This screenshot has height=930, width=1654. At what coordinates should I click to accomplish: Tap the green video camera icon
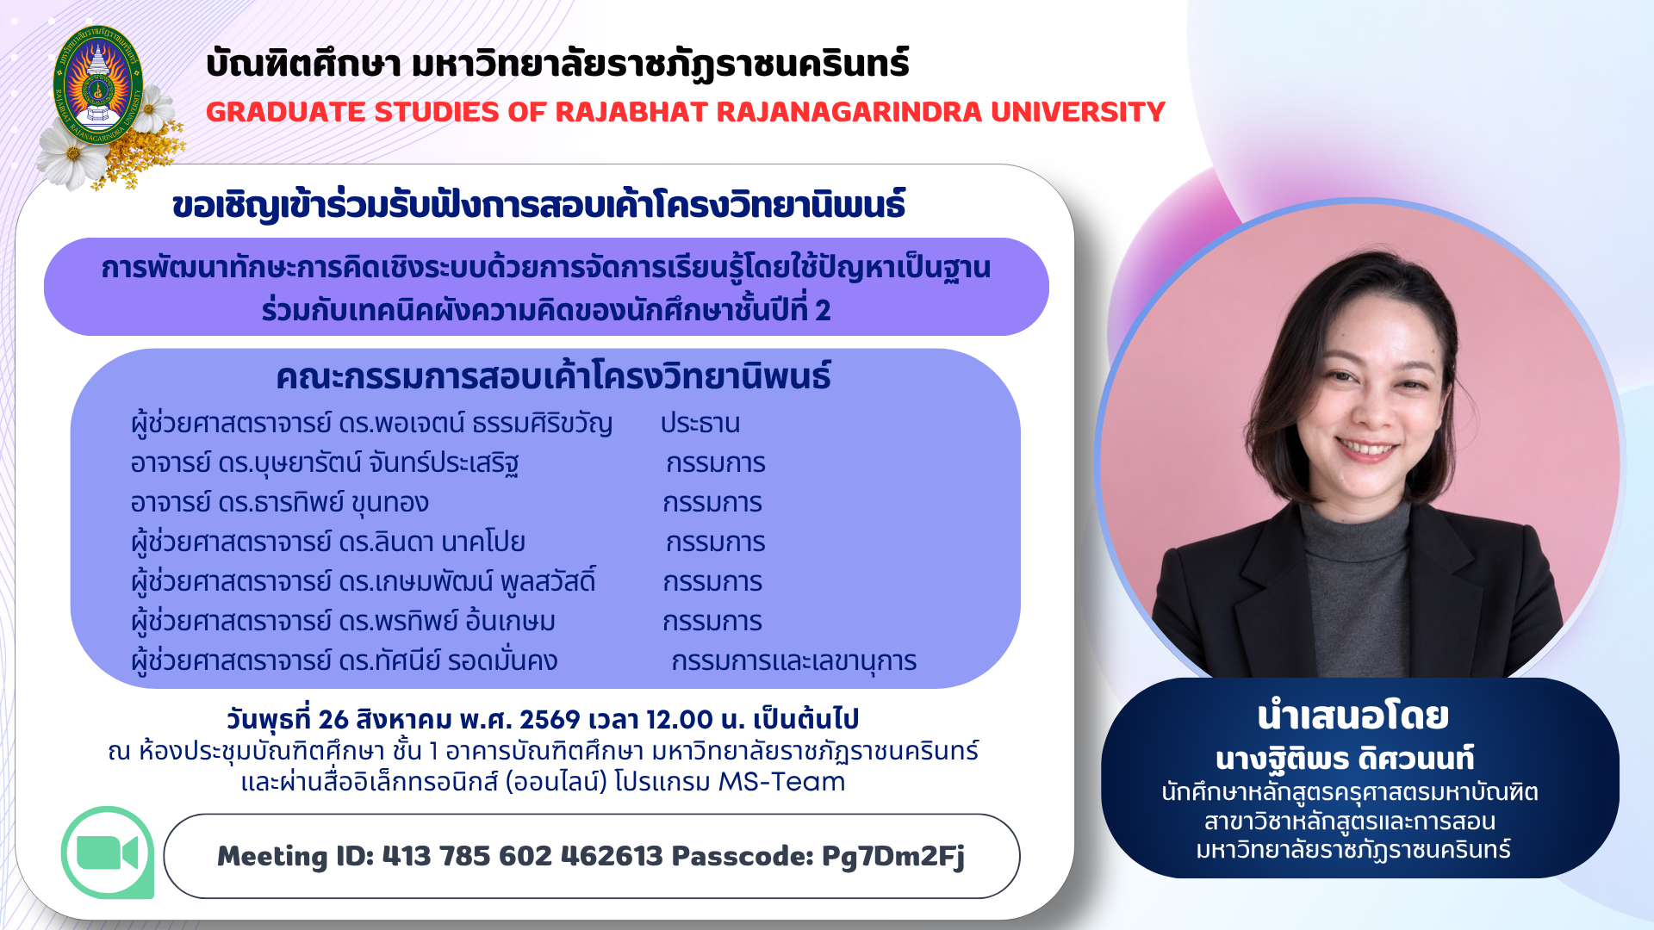pyautogui.click(x=108, y=852)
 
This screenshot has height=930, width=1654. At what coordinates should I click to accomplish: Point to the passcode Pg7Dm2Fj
pyautogui.click(x=892, y=856)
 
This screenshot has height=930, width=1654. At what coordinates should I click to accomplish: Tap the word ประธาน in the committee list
pyautogui.click(x=700, y=424)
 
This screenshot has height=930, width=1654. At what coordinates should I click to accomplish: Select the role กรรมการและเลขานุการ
pyautogui.click(x=793, y=661)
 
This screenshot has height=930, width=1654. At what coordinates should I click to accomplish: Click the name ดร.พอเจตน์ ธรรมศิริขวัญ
pyautogui.click(x=476, y=424)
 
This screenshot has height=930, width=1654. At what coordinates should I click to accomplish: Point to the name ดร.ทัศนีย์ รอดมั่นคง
pyautogui.click(x=448, y=661)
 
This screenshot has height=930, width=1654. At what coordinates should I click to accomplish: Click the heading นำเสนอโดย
pyautogui.click(x=1352, y=716)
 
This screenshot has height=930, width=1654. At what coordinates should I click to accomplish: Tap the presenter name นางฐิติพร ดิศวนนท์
pyautogui.click(x=1345, y=759)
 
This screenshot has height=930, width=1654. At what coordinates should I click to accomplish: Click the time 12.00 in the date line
pyautogui.click(x=680, y=720)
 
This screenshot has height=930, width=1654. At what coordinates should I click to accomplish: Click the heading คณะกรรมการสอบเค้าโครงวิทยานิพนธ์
pyautogui.click(x=553, y=377)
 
